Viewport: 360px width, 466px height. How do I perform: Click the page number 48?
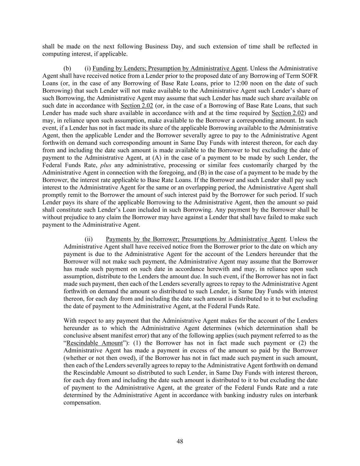(180, 441)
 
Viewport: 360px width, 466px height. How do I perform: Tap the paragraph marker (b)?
(67, 68)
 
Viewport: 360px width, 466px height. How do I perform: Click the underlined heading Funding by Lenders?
(170, 68)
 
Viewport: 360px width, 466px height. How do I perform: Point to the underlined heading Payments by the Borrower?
(196, 239)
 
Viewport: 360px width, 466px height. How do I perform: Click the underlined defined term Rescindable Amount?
(94, 343)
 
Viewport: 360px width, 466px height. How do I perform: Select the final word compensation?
(82, 403)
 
